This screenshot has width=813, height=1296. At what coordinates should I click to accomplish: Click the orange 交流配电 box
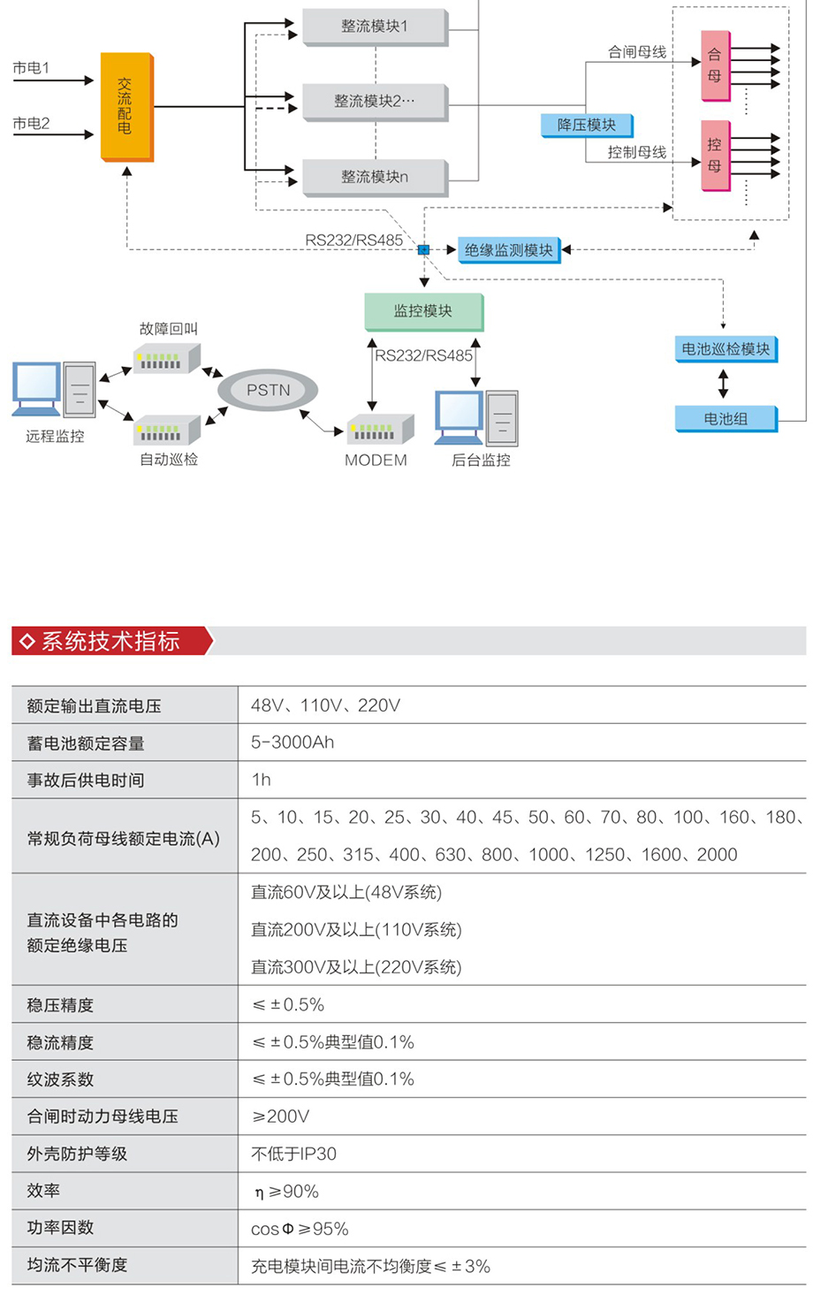tap(126, 106)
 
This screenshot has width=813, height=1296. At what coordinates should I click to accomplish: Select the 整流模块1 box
tap(375, 27)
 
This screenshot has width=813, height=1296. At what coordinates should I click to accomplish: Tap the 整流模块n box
tap(375, 177)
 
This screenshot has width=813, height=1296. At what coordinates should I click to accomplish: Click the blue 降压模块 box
tap(586, 126)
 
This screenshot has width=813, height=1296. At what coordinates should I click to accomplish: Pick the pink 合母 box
tap(715, 65)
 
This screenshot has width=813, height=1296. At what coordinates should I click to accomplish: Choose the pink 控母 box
tap(715, 156)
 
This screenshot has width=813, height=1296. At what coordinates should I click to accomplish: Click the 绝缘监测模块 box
tap(508, 250)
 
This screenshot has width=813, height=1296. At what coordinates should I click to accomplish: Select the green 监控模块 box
tap(423, 311)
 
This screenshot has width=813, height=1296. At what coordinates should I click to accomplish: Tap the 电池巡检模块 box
tap(726, 349)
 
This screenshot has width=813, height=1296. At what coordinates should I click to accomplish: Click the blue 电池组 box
tap(726, 418)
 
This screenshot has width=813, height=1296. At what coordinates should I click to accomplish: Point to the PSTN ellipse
tap(268, 390)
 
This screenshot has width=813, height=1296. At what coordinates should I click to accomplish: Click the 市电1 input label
tap(32, 68)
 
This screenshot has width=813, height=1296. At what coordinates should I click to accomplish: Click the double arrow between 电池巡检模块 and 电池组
tap(724, 384)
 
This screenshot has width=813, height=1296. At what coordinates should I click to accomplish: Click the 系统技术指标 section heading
tap(110, 641)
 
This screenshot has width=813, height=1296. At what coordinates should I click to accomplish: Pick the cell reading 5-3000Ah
tap(293, 743)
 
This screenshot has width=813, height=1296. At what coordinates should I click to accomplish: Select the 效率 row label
tap(43, 1191)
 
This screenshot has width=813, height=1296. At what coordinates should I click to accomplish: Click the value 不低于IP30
tap(293, 1154)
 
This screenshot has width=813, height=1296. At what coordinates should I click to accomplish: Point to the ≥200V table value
tap(281, 1117)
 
